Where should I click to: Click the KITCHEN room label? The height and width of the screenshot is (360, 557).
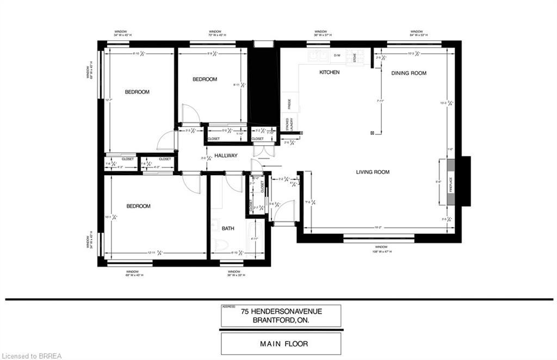[x=329, y=72]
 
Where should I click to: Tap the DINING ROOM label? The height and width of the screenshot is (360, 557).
[x=409, y=73]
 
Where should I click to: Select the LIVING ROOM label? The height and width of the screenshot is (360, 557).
[x=373, y=172]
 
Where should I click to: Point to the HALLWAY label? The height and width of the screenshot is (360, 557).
[x=225, y=156]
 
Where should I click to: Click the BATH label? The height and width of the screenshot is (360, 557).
[x=228, y=228]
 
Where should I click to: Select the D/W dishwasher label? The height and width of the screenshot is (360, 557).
[x=337, y=55]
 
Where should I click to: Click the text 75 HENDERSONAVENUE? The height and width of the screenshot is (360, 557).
[x=281, y=312]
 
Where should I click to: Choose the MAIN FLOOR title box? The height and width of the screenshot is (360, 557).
[x=281, y=344]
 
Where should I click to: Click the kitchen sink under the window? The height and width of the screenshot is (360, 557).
[x=316, y=55]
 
